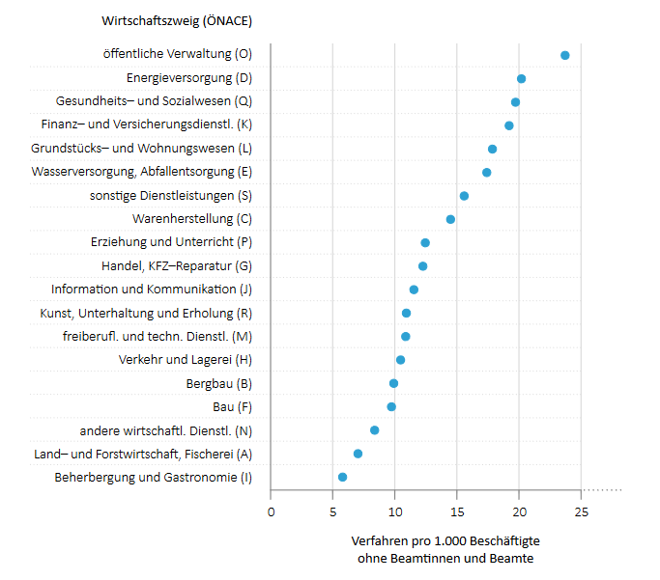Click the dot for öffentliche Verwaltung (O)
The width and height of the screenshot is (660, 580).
point(564,55)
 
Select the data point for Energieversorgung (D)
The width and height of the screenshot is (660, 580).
point(521,78)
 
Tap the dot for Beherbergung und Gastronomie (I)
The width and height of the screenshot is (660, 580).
point(342,477)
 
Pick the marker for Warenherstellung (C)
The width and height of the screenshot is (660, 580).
point(450,219)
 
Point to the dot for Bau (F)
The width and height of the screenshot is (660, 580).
point(391,406)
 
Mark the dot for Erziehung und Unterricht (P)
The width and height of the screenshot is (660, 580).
point(425,242)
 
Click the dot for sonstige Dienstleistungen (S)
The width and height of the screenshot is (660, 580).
point(464,196)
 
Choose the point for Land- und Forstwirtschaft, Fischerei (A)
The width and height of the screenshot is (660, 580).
point(358,454)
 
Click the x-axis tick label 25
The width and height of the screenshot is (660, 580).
point(581,511)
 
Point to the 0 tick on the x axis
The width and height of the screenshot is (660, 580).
point(271,511)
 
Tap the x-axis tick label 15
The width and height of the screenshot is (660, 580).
point(457,511)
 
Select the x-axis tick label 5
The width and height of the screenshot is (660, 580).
point(332,511)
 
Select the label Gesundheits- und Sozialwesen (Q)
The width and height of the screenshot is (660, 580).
point(154,101)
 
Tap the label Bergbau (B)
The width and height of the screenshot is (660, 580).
point(218,383)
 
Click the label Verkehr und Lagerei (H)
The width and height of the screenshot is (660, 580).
point(185,360)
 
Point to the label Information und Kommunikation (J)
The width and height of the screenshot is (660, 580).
point(151,290)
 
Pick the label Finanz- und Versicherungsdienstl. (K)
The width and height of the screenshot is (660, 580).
point(146,124)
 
